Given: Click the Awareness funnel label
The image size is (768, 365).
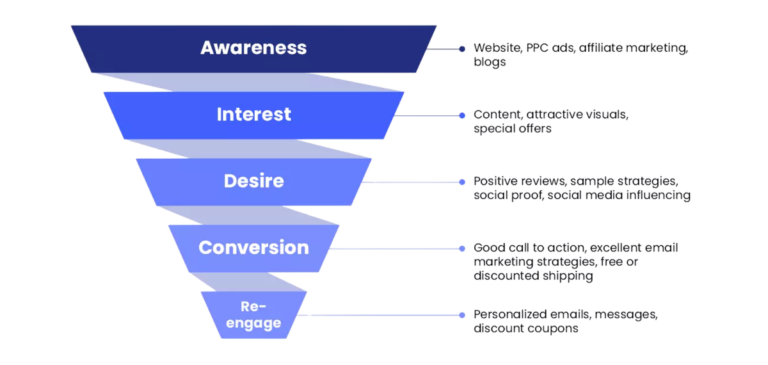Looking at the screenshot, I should [x=253, y=47].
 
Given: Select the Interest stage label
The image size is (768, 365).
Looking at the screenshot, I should [x=253, y=114].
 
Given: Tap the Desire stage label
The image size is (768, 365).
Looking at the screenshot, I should [x=253, y=181].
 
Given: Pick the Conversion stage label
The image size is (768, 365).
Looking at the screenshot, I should [x=253, y=247].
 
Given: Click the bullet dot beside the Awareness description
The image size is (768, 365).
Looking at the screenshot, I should [x=461, y=49].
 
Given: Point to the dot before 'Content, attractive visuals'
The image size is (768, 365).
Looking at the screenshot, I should [x=461, y=115].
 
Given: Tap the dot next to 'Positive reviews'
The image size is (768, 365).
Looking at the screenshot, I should [x=461, y=182].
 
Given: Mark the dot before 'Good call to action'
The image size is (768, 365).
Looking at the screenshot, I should [x=461, y=248].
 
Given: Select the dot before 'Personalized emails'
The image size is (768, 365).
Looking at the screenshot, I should [x=461, y=315].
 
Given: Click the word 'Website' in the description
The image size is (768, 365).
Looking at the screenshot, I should [x=495, y=48].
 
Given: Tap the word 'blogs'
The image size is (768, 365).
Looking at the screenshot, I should [x=490, y=62].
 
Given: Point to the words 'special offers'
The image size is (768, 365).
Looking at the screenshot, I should [x=513, y=129].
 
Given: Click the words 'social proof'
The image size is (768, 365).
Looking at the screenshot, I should [x=508, y=195].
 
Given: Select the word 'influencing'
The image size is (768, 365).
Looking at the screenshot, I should [x=659, y=195].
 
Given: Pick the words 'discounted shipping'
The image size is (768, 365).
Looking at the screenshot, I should [x=533, y=276].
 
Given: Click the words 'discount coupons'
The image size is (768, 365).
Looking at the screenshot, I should [x=526, y=328].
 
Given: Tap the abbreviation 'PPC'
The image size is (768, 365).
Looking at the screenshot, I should [x=536, y=48].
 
